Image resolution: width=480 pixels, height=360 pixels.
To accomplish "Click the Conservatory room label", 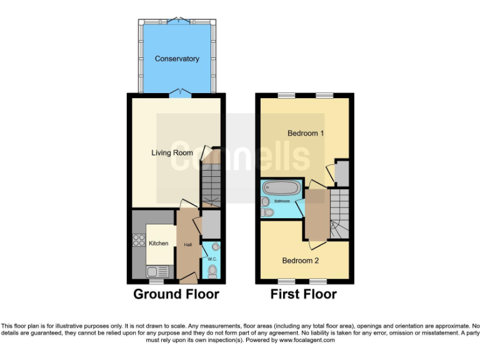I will coord(177,59).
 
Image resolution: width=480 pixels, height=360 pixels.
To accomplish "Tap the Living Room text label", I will coord(172,152).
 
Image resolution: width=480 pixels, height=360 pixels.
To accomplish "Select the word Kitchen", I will coord(159,243).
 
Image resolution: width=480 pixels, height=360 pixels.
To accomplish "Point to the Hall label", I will coord(187,244).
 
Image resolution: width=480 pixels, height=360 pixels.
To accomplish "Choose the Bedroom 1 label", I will coord(306,133).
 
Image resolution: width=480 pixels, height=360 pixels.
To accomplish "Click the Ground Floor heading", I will coord(176,294).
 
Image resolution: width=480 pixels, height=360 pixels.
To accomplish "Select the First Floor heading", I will coord(304,294).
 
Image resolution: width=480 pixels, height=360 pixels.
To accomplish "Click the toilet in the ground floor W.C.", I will coord(212,271).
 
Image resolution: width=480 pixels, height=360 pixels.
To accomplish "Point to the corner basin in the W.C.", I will coord(216,246).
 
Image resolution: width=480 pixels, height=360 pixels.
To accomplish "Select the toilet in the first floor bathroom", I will coord(268,212).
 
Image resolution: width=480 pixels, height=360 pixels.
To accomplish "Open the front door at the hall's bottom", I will coord(187,276).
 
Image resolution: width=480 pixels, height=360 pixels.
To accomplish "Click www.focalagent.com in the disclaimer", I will coord(307,341).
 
